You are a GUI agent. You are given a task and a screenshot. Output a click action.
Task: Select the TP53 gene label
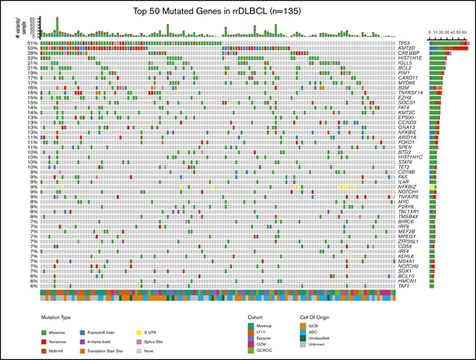click(x=403, y=43)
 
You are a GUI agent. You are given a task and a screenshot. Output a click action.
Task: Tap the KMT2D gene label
click(x=405, y=49)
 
